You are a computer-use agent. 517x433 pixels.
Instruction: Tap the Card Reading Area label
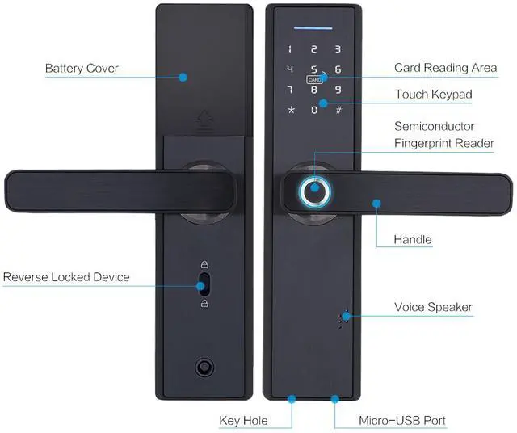click(445, 68)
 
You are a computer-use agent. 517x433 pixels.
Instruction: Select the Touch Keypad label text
click(433, 95)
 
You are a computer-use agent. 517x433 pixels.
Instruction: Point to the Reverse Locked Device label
click(66, 277)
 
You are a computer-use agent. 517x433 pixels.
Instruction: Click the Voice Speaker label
click(433, 307)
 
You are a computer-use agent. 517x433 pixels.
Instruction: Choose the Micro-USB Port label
click(401, 420)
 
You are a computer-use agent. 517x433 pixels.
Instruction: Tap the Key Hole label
click(243, 420)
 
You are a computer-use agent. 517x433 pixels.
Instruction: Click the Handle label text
click(413, 239)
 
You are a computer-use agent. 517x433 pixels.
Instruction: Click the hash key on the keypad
click(338, 109)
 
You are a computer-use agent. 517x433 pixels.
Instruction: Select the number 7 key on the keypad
click(290, 89)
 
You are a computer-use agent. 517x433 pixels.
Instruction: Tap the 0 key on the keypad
click(313, 109)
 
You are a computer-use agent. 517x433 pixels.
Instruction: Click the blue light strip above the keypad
click(313, 27)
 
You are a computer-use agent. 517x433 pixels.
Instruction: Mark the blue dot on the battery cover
click(183, 78)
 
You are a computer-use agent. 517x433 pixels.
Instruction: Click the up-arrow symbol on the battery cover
click(204, 123)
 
